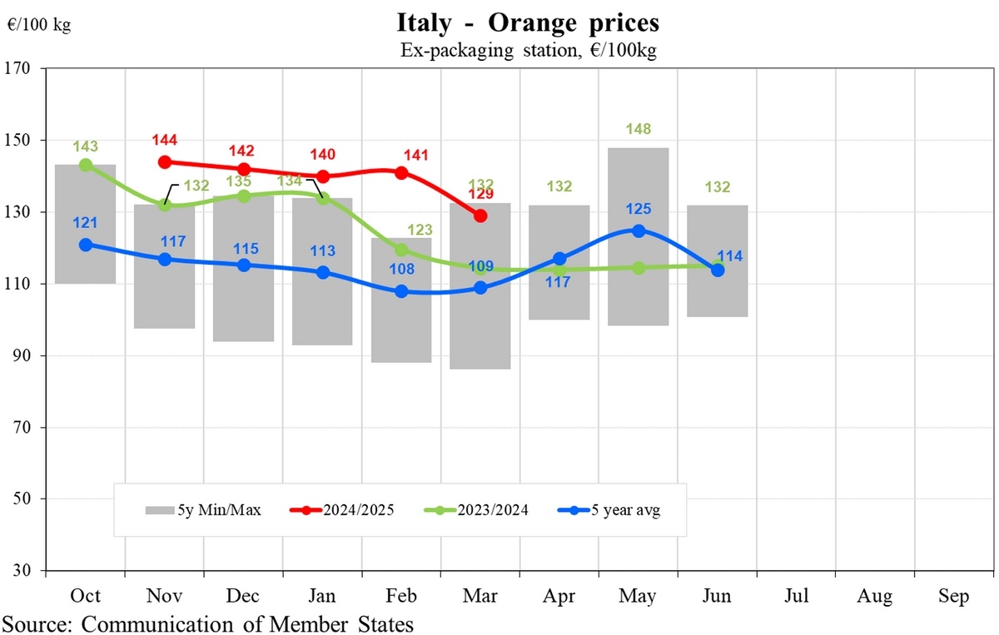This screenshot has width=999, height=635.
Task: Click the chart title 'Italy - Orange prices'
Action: click(x=529, y=21)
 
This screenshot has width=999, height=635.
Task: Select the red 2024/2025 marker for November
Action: click(x=165, y=162)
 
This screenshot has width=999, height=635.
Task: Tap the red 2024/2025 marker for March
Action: click(x=480, y=216)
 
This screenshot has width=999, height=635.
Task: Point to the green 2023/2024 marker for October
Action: click(x=86, y=165)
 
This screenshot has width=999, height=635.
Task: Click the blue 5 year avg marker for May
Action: click(x=639, y=231)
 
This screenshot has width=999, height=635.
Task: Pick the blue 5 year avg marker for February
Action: click(x=401, y=291)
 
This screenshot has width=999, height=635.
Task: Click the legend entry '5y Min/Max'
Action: click(x=205, y=510)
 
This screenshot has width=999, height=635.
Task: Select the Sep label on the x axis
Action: click(x=953, y=597)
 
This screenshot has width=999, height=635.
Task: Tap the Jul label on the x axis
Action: click(x=796, y=597)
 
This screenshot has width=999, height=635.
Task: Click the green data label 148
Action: click(x=639, y=129)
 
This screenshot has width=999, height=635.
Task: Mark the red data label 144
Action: click(x=165, y=140)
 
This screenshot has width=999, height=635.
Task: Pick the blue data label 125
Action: click(x=639, y=209)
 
